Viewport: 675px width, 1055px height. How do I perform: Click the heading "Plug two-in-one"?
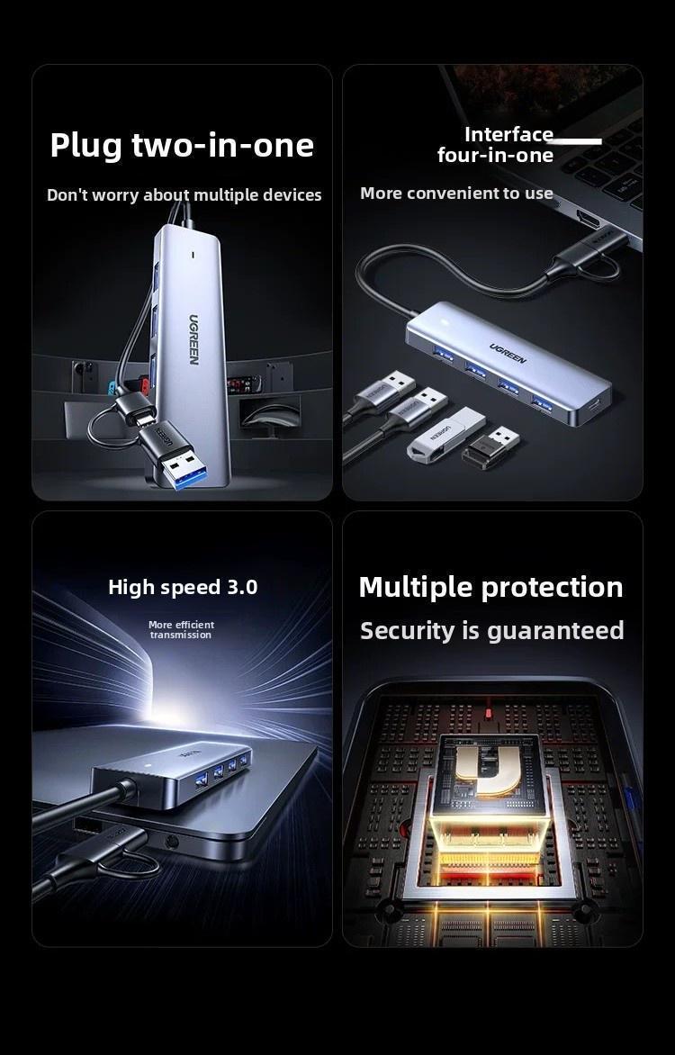tap(182, 145)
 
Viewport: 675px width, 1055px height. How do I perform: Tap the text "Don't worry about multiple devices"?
tap(184, 195)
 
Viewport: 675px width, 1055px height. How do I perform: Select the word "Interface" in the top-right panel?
tap(508, 134)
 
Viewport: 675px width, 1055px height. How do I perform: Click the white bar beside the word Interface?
tap(578, 141)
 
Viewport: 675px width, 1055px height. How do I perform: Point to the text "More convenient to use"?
tap(456, 194)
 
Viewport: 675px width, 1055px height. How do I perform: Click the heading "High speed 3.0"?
tap(183, 587)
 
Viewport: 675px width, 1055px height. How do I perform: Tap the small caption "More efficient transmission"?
tap(181, 630)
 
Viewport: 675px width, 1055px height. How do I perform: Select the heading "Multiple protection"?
tap(490, 587)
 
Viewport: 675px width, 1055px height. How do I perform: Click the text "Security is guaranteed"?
tap(491, 631)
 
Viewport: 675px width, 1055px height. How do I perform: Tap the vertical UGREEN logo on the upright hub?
tap(193, 339)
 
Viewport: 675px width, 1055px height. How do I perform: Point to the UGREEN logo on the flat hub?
tap(508, 353)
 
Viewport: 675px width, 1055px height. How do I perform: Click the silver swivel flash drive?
tap(445, 434)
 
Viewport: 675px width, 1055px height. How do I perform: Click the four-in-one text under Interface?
tap(495, 156)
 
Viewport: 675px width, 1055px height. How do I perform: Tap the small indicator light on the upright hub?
tap(193, 255)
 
